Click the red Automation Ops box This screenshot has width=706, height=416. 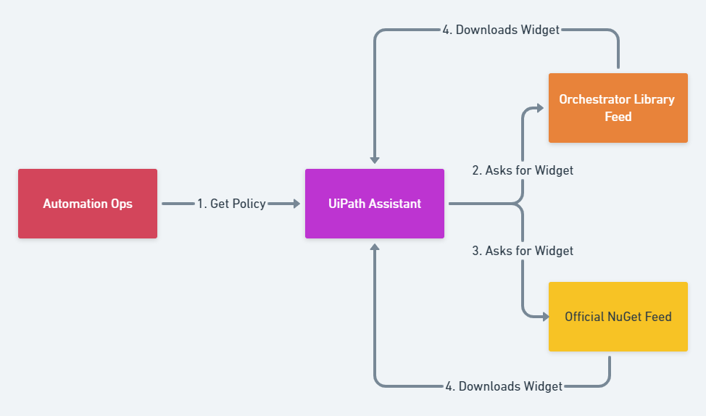87,204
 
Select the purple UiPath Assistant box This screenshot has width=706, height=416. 374,204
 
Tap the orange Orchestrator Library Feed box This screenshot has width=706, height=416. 618,108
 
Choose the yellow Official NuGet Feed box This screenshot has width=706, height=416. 618,317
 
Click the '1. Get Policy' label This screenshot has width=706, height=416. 231,204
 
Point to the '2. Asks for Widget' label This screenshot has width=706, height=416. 523,170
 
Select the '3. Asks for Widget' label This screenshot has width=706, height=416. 523,251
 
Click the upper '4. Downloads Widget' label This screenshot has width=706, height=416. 501,30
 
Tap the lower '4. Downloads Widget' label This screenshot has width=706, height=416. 504,386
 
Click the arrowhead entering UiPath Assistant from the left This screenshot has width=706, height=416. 296,204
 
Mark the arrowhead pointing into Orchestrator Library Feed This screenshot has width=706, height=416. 539,108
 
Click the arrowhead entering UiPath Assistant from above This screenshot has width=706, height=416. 375,159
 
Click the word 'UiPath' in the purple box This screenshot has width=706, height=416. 346,204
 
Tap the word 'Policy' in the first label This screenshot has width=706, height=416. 248,204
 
